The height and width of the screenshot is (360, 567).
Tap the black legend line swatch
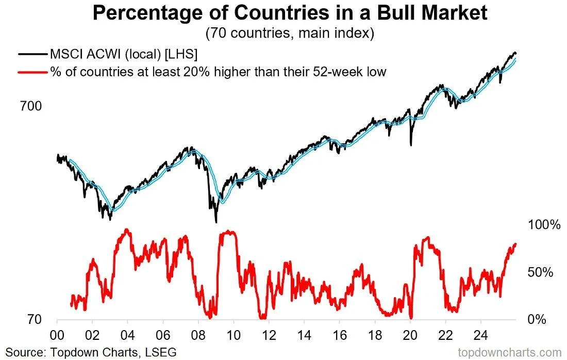(x=32, y=54)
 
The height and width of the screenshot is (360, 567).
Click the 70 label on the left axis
(x=34, y=320)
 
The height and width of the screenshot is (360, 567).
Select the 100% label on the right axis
(x=544, y=225)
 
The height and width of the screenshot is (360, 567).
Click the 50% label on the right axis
(x=541, y=272)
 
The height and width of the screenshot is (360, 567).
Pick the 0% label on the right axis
(x=538, y=320)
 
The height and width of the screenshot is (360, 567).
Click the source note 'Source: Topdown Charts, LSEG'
(x=91, y=352)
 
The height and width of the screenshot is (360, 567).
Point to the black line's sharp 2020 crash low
(x=411, y=145)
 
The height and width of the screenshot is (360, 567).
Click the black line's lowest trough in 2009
(x=216, y=222)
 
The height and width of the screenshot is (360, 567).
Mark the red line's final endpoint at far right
(x=515, y=244)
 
